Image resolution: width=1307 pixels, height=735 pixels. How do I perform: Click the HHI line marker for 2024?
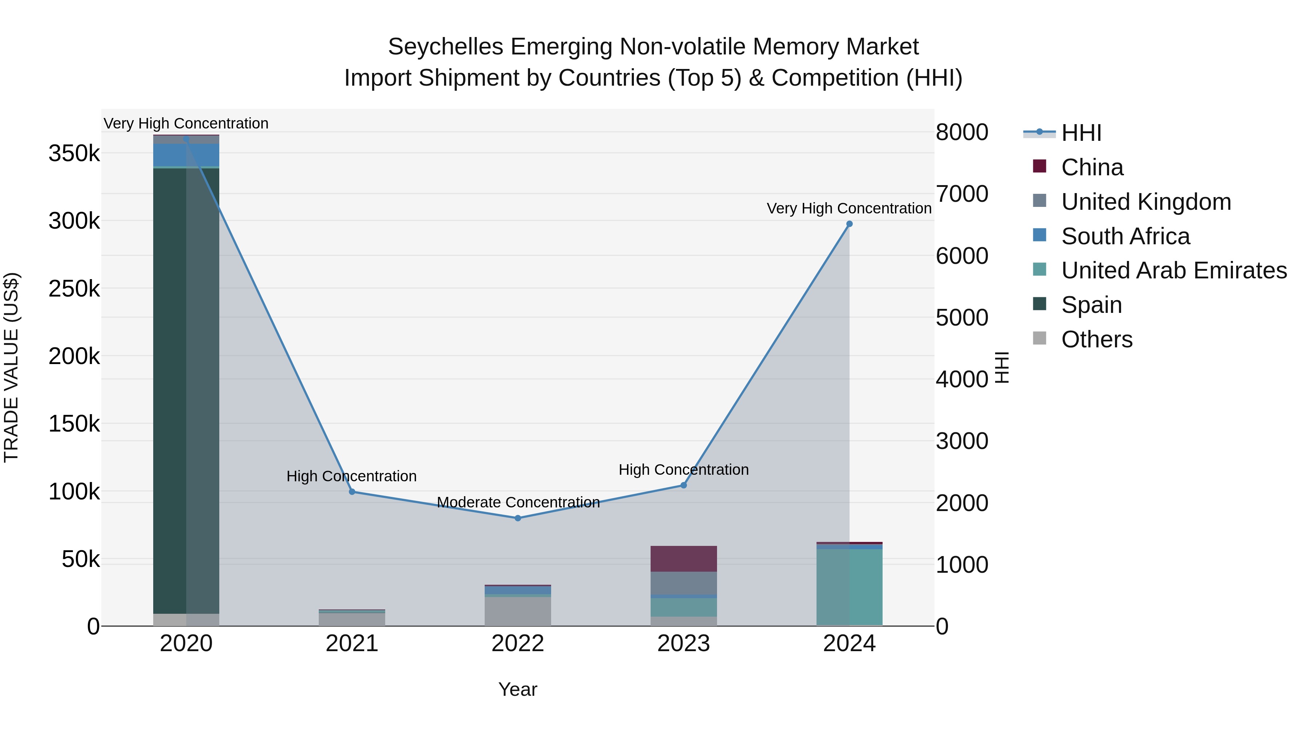tap(849, 224)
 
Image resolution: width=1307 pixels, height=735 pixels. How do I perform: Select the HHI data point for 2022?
tap(517, 518)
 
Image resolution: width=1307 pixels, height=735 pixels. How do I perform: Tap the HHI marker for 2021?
tap(352, 491)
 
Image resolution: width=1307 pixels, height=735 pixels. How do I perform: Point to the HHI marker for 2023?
tap(683, 485)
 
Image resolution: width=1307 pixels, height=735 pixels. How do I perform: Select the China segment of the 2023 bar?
tap(683, 559)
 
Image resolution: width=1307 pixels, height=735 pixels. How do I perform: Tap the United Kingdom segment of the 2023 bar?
tap(683, 583)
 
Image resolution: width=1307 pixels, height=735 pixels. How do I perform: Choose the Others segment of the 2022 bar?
tap(517, 611)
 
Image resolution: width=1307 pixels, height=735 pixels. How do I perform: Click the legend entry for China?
tap(1092, 167)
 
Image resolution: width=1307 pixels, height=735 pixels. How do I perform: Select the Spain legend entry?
tap(1091, 305)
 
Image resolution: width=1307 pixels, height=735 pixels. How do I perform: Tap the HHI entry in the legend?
tap(1081, 133)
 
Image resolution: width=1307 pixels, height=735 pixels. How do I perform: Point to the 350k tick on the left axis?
tap(74, 153)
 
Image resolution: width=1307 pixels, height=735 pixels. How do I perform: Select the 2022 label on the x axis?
tap(517, 644)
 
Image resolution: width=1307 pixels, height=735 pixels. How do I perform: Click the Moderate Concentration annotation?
tap(518, 502)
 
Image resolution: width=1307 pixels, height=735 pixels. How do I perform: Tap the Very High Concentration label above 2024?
tap(849, 208)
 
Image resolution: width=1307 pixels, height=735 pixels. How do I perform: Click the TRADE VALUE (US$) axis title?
tap(11, 367)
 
